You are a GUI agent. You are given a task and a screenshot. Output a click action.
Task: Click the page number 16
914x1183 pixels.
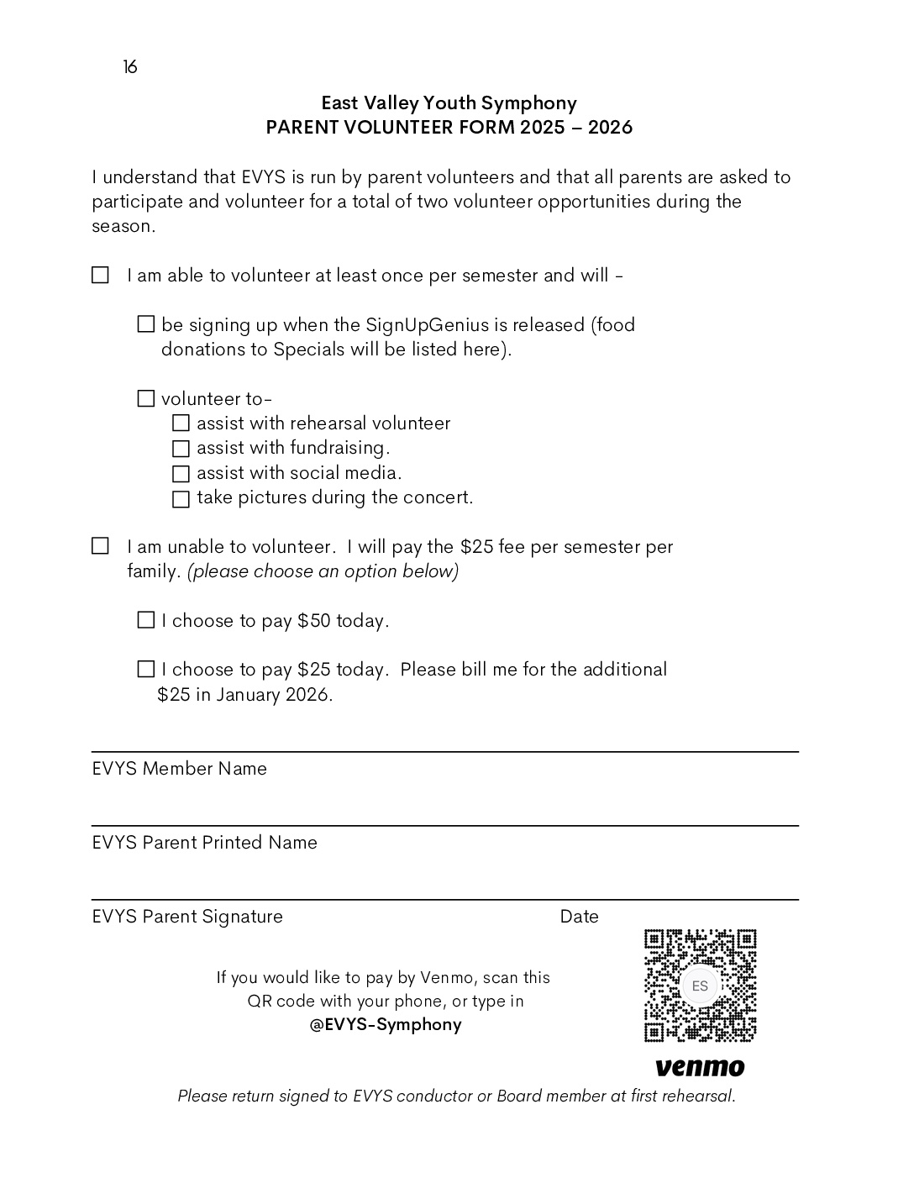click(130, 67)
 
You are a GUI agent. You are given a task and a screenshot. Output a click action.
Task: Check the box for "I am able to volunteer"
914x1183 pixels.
click(100, 276)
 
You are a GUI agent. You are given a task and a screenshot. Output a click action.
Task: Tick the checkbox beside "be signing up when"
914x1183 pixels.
click(146, 324)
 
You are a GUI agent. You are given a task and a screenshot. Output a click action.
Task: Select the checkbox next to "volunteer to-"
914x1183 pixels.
click(146, 398)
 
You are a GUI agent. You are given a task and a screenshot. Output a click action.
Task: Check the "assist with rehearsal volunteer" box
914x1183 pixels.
click(181, 423)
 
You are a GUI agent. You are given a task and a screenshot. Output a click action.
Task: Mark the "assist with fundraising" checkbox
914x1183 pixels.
click(181, 449)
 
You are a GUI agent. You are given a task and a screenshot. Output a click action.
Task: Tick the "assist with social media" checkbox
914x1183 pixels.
click(181, 474)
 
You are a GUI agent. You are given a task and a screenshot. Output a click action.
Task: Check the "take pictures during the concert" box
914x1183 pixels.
click(181, 499)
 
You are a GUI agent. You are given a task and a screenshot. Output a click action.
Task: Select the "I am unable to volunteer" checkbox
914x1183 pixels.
click(100, 547)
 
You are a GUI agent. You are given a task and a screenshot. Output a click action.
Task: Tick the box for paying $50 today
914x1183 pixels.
click(146, 620)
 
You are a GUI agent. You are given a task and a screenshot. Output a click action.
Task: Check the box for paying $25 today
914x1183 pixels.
click(146, 669)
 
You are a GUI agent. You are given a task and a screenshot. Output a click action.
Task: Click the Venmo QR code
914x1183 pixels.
click(700, 986)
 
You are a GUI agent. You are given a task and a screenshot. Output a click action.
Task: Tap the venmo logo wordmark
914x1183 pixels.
click(700, 1067)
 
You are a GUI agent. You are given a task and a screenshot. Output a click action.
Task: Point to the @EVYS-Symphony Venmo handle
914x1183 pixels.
click(386, 1024)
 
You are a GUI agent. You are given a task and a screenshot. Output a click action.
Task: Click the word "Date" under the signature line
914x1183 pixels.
click(579, 917)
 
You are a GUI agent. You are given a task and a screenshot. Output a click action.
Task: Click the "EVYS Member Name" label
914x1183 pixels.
click(179, 769)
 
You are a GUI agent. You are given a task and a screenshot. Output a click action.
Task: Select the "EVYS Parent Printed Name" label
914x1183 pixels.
click(204, 843)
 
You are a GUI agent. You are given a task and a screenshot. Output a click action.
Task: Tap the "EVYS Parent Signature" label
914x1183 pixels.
click(187, 917)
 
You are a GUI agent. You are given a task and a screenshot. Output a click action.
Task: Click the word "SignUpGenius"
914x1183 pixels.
click(427, 325)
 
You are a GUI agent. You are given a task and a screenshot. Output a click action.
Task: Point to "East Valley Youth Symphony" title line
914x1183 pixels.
click(449, 103)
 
